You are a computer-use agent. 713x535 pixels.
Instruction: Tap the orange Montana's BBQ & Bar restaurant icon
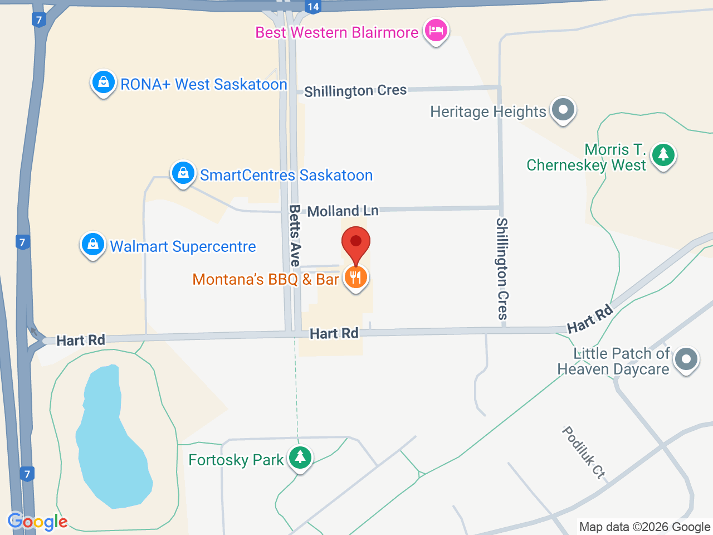[x=355, y=276]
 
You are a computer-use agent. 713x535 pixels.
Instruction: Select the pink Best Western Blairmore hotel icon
[x=436, y=30]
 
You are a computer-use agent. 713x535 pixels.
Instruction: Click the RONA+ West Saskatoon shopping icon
[x=103, y=82]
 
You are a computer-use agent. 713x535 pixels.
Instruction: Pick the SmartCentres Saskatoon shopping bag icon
[x=183, y=173]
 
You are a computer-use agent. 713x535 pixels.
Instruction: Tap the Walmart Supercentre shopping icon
[x=93, y=245]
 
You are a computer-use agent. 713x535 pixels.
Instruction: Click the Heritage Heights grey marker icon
[x=563, y=110]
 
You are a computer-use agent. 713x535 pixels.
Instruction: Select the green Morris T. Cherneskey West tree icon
[x=663, y=155]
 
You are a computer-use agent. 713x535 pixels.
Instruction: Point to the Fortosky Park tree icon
[x=300, y=458]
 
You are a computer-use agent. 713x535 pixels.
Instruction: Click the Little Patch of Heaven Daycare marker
[x=686, y=359]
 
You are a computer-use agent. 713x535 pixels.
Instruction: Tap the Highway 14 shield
[x=313, y=7]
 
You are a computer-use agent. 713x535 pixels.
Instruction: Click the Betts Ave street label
[x=295, y=235]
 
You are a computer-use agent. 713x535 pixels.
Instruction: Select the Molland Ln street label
[x=343, y=211]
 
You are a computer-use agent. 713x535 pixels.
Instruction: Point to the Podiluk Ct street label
[x=583, y=453]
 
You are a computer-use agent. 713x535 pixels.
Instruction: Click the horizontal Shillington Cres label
[x=355, y=91]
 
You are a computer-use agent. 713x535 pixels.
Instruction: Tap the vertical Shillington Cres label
[x=502, y=269]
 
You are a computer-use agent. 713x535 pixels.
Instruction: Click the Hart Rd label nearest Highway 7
[x=81, y=340]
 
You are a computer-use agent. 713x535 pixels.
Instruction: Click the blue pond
[x=111, y=440]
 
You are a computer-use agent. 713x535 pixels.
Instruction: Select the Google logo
[x=37, y=522]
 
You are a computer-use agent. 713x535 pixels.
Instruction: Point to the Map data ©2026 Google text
[x=644, y=527]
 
